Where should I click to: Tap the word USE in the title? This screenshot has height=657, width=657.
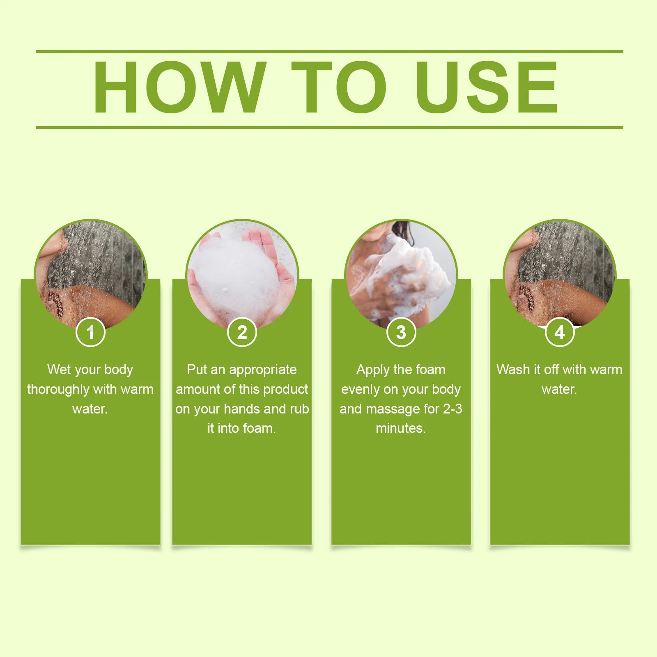click(x=487, y=87)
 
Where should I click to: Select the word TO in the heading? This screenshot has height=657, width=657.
click(x=339, y=87)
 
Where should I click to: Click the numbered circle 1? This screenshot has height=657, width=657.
click(x=91, y=332)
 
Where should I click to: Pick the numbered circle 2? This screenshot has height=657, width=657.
click(x=242, y=332)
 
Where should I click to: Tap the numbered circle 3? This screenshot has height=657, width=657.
click(x=401, y=332)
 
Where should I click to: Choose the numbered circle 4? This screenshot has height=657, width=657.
click(x=560, y=332)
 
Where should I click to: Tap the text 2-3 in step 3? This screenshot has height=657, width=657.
click(x=453, y=409)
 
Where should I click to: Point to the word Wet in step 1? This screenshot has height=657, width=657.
click(x=59, y=370)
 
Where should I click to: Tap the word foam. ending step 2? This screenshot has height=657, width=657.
click(x=259, y=428)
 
